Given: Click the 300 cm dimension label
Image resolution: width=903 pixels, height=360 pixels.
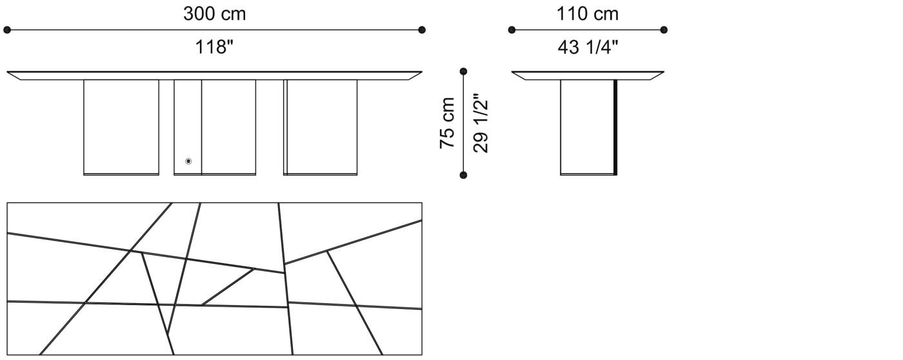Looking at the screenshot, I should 214,14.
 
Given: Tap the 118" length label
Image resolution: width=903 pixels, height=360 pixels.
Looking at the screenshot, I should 214,46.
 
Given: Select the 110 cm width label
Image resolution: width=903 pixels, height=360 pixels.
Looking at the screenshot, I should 588,14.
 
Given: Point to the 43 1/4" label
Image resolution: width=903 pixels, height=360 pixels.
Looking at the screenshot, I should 588,46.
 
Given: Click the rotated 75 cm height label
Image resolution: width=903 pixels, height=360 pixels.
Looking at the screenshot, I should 448,123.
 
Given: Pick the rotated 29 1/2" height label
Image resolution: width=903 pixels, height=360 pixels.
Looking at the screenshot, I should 481,123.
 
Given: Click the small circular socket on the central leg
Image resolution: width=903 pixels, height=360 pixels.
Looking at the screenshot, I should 188,161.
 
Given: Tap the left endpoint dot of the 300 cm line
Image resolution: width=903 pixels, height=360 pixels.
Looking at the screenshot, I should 7,30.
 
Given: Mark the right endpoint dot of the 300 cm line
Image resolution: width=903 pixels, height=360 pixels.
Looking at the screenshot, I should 422,30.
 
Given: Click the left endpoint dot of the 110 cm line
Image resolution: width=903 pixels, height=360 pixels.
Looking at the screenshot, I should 511,30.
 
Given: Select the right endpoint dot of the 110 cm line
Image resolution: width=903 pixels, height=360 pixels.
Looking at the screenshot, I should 664,30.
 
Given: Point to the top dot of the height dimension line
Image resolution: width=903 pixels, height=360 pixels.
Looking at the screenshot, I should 463,72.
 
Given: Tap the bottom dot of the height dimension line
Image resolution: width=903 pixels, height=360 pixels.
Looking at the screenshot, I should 463,174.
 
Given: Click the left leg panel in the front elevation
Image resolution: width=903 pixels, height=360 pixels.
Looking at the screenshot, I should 121,126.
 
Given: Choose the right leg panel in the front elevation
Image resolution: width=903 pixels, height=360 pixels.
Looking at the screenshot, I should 321,126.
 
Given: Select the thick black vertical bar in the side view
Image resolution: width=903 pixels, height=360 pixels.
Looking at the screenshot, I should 616,126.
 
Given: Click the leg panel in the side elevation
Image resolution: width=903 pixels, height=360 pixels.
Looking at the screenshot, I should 587,126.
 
